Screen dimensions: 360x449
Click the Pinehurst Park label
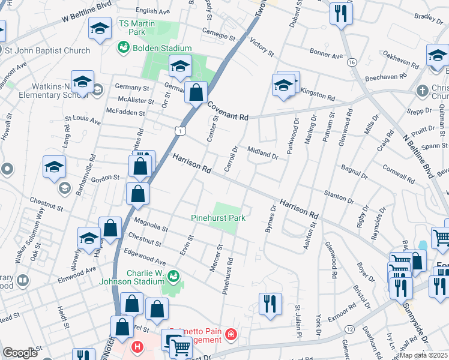[218, 218]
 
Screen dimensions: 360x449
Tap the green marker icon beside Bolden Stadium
[124, 47]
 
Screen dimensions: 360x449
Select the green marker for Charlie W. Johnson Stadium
[173, 275]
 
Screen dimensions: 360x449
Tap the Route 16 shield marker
[352, 62]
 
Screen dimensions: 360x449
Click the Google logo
[20, 353]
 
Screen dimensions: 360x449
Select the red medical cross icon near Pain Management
[231, 334]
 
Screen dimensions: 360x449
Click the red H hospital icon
[137, 347]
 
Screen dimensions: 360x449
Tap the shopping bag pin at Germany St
[196, 93]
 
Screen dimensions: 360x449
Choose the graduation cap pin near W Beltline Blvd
[100, 28]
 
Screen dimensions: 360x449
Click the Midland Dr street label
[262, 153]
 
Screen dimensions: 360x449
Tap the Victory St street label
[262, 49]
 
